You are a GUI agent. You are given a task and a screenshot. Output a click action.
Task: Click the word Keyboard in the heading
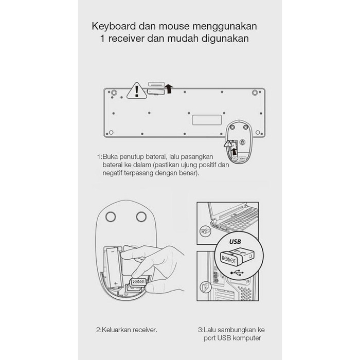tap(114, 26)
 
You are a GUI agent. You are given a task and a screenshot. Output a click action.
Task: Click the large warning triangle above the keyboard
tap(137, 91)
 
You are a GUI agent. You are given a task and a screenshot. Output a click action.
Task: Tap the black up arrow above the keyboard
tap(169, 88)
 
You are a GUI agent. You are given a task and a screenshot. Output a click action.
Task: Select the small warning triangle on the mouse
tap(228, 144)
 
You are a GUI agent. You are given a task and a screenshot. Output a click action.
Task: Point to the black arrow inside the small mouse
tap(233, 152)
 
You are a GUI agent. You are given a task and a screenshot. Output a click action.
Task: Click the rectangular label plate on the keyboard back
tap(207, 120)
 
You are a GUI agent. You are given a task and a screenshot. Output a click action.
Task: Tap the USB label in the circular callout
tap(235, 242)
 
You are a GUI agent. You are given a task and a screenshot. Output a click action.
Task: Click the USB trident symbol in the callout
tap(237, 273)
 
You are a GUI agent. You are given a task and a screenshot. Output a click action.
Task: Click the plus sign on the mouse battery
tap(116, 283)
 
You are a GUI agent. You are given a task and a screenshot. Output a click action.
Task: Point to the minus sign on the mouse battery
tap(113, 251)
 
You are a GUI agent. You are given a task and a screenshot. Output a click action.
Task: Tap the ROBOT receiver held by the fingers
tap(138, 282)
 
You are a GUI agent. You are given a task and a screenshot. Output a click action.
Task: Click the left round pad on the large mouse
tap(111, 217)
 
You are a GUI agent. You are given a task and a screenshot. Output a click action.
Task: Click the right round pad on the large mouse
tap(141, 217)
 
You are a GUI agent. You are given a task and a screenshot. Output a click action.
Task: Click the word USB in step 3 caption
tap(223, 338)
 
